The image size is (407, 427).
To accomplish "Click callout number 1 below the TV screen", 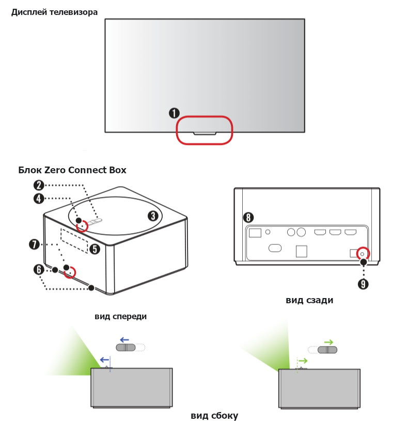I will (x=174, y=112).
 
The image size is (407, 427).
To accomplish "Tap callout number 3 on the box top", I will (x=153, y=216).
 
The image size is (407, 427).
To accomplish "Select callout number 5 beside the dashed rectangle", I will (x=95, y=250).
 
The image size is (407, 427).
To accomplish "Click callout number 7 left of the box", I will (x=35, y=244).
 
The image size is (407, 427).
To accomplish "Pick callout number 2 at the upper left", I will (x=39, y=185).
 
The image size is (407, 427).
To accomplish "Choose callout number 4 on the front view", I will (x=39, y=199).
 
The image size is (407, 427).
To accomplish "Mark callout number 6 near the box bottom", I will (x=39, y=269).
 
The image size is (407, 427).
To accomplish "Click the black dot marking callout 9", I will (x=364, y=262).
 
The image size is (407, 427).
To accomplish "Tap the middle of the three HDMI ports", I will (x=335, y=232).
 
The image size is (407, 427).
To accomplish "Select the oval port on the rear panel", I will (x=275, y=248).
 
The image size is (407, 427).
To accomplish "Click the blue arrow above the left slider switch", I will (x=124, y=340).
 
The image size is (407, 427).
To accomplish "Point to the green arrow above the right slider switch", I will (x=328, y=342).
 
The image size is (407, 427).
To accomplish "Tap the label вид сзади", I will (x=309, y=300).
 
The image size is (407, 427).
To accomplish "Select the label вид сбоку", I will (x=214, y=416).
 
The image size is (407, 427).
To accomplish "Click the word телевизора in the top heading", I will (x=73, y=12).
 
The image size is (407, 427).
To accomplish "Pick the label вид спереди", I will (x=121, y=317).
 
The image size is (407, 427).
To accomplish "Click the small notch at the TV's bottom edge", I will (x=205, y=133).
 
